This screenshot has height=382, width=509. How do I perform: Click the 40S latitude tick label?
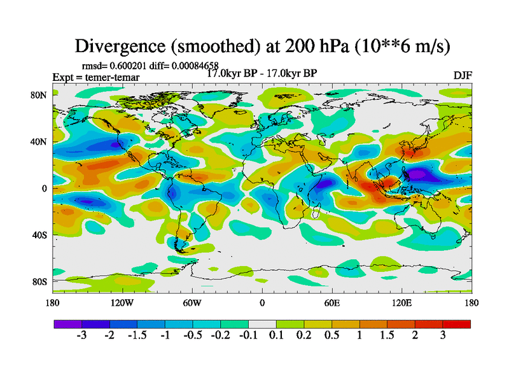pos(40,235)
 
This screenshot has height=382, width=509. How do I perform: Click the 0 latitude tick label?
pos(45,188)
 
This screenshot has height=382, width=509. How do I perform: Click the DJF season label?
pos(462,75)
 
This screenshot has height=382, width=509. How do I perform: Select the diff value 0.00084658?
pos(198,66)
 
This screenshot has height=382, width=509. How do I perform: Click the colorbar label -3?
pos(81,336)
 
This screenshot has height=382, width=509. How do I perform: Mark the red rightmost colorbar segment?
pos(457,324)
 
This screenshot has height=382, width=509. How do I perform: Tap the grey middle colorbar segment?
pos(261,324)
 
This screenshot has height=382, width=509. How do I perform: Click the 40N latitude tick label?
pos(40,141)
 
